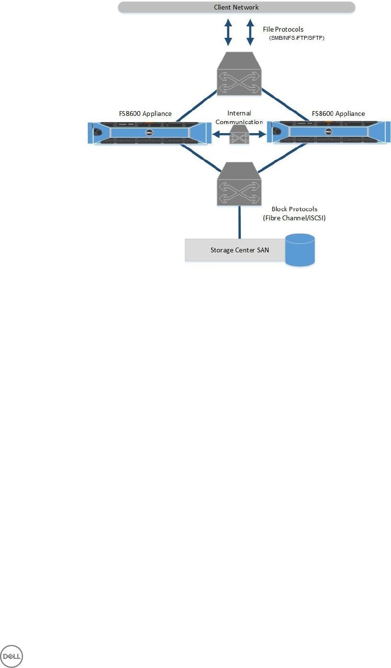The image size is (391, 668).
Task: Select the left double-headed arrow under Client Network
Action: (229, 33)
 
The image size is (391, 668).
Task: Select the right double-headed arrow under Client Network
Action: (250, 33)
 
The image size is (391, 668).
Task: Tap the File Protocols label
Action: (283, 29)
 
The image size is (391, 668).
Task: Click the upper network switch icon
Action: (239, 73)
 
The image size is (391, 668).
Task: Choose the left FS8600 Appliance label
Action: (146, 114)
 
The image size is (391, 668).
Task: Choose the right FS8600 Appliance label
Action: (338, 114)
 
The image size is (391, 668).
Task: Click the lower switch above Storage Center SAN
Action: (239, 183)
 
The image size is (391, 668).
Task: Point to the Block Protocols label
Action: (295, 209)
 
